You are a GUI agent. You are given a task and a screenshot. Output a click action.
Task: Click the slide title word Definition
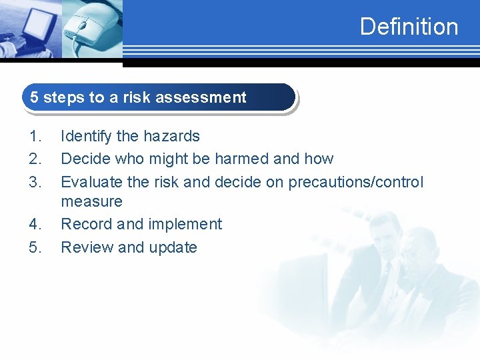point(409,27)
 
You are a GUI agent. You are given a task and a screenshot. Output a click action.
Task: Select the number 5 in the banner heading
point(34,97)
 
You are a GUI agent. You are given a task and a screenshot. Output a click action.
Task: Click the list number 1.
point(35,137)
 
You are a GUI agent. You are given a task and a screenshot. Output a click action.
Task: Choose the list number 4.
point(35,225)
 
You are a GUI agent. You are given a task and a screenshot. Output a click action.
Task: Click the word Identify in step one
point(85,137)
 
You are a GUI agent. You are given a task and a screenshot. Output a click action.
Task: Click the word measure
point(91,201)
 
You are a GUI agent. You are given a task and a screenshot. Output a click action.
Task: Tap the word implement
point(186,225)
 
